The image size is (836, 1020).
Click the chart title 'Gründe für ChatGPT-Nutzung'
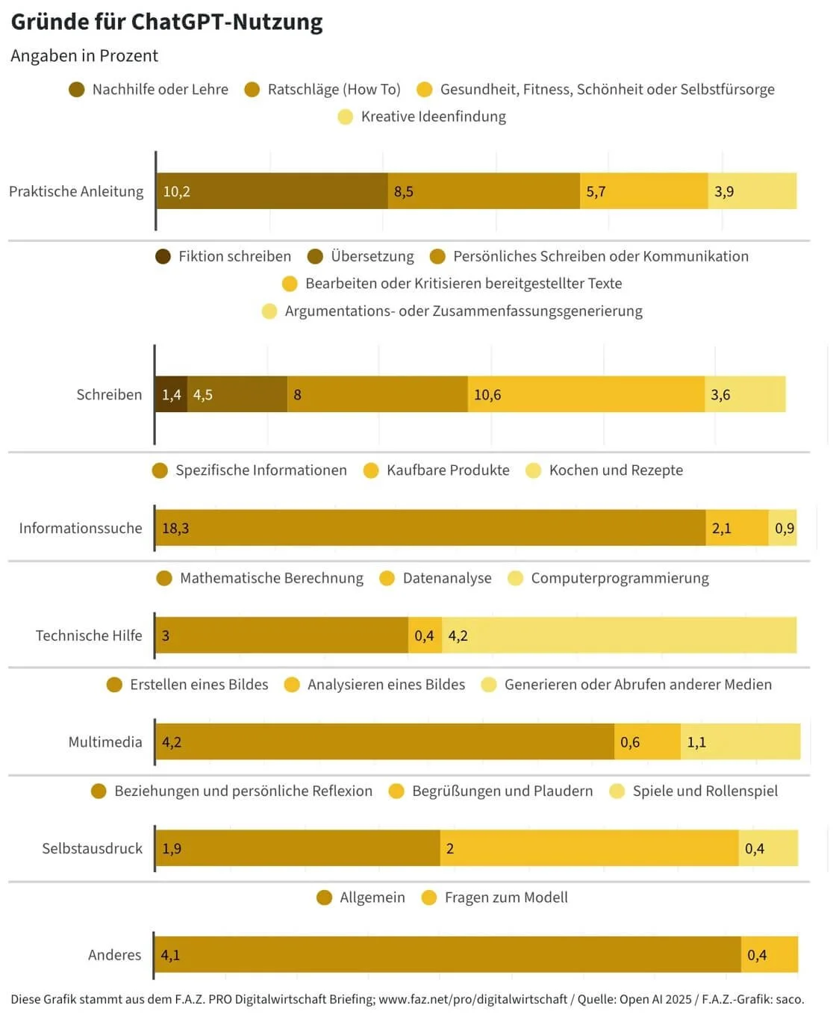[166, 22]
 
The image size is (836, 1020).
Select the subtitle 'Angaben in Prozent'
[84, 56]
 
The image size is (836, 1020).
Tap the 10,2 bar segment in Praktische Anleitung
[272, 191]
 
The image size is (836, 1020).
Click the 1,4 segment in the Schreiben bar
[171, 394]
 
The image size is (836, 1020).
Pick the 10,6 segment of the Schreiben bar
[586, 394]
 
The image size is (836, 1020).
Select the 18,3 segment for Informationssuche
[430, 528]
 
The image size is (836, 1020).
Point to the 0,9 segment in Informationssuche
[783, 528]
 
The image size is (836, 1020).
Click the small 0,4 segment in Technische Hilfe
[425, 635]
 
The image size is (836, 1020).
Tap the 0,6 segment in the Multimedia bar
[647, 741]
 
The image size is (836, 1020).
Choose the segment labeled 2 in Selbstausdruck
[589, 848]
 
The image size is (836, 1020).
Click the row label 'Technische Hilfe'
[89, 635]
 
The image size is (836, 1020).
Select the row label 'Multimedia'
[105, 741]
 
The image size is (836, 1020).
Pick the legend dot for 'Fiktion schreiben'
[163, 257]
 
